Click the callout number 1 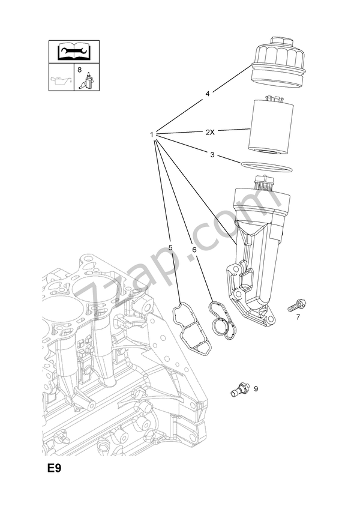pyautogui.click(x=152, y=134)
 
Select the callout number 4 pyautogui.click(x=208, y=94)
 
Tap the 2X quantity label pyautogui.click(x=209, y=131)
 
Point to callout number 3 pyautogui.click(x=212, y=155)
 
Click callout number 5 pyautogui.click(x=170, y=247)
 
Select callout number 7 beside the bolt pyautogui.click(x=298, y=317)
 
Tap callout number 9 pyautogui.click(x=255, y=389)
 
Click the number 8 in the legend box pyautogui.click(x=79, y=71)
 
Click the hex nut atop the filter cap pyautogui.click(x=280, y=42)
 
